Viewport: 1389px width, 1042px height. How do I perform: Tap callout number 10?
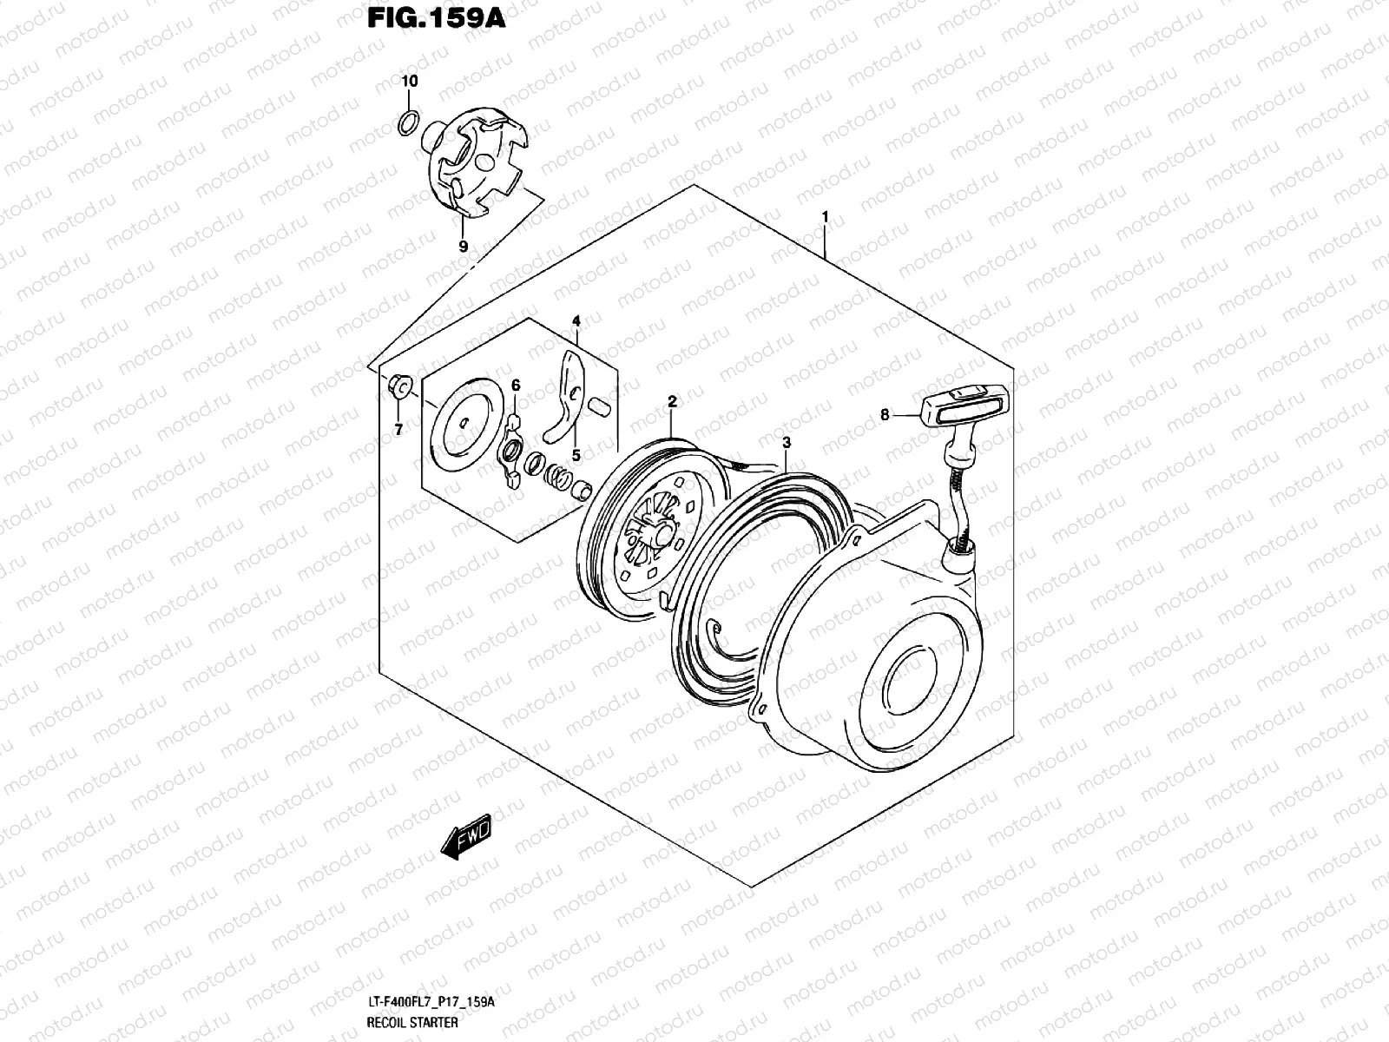(x=410, y=82)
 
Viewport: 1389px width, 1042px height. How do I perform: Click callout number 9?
(x=463, y=247)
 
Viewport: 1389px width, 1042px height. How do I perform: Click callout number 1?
(x=826, y=216)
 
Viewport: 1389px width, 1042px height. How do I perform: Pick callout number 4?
(x=576, y=322)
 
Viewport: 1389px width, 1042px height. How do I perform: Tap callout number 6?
(x=515, y=385)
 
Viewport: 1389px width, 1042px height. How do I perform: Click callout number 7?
(x=398, y=429)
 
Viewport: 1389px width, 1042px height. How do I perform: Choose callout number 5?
(x=576, y=454)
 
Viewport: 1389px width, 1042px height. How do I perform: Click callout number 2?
(x=672, y=401)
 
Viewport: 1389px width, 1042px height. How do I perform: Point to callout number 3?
(x=786, y=443)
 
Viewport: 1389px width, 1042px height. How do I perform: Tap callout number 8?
(x=885, y=415)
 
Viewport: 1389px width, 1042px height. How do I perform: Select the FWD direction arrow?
(x=465, y=840)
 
